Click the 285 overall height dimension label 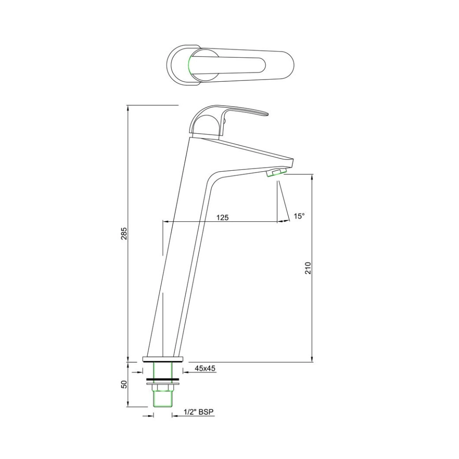point(124,234)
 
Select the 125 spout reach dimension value point(222,217)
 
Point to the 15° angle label point(299,216)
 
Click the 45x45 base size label point(205,368)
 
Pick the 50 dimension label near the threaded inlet point(124,384)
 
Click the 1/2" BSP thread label point(199,412)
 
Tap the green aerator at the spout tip point(276,173)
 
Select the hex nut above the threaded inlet point(163,388)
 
